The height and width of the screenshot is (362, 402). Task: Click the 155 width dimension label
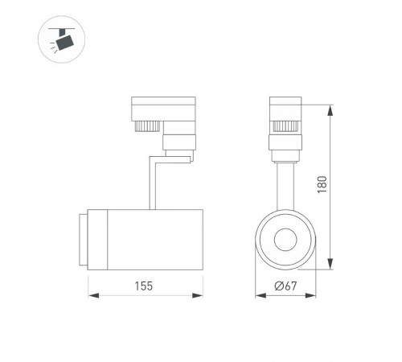tap(143, 286)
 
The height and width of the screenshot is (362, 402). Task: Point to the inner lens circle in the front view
tap(285, 240)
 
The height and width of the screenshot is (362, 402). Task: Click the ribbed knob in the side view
tap(146, 125)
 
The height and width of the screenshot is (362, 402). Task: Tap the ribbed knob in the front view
tap(285, 125)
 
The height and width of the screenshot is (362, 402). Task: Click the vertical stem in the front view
tap(285, 183)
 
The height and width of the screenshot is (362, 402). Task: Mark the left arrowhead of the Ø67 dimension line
tap(259, 296)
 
